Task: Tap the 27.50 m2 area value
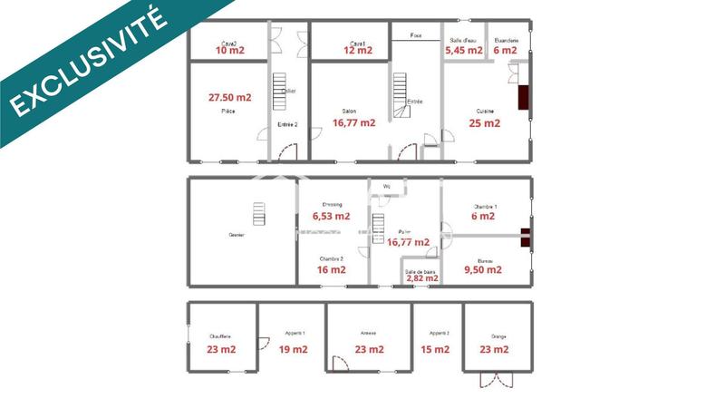(x=229, y=97)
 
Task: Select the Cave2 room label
(x=228, y=43)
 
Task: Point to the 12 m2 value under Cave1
(x=358, y=51)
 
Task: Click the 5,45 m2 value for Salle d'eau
(x=464, y=51)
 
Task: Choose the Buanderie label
(x=506, y=41)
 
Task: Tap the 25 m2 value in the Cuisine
(x=485, y=123)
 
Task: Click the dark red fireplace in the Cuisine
(x=524, y=97)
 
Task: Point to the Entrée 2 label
(x=287, y=124)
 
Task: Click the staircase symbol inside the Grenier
(x=259, y=215)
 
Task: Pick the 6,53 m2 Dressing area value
(x=331, y=217)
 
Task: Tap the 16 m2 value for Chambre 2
(x=331, y=269)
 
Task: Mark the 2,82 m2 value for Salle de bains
(x=421, y=278)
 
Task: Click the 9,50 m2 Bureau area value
(x=482, y=269)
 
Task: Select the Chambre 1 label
(x=484, y=206)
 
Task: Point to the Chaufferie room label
(x=220, y=336)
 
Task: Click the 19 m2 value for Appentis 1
(x=293, y=349)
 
